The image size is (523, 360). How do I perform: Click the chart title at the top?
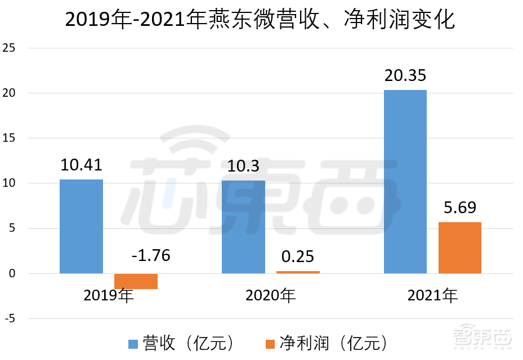[260, 20]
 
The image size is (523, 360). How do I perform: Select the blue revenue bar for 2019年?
[81, 226]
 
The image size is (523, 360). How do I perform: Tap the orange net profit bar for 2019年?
[136, 281]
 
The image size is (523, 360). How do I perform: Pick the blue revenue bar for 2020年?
[243, 227]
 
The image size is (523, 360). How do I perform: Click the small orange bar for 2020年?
[298, 272]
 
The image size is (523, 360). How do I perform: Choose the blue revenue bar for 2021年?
[405, 182]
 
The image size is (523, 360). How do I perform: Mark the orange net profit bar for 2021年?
[460, 247]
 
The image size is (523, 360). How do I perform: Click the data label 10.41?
[81, 165]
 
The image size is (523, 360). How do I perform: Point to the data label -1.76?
[150, 256]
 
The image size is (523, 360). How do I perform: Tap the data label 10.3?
[243, 166]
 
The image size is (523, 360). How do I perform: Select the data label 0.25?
[298, 257]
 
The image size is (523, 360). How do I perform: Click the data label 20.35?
[405, 76]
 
